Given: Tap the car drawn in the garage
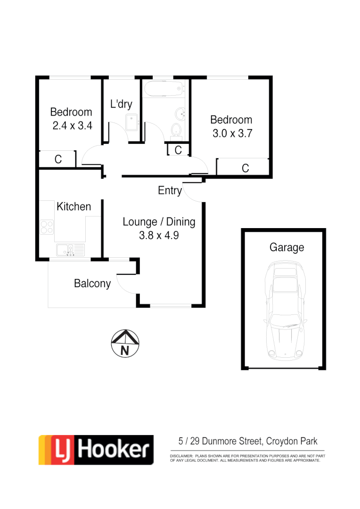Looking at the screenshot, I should point(283,312).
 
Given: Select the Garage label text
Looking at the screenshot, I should point(286,247).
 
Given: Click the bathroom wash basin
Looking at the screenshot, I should point(181,113).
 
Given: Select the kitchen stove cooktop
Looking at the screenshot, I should point(47,227).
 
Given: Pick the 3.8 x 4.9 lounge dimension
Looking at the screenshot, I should point(159,235).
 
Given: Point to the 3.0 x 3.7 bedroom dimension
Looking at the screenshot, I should point(232,133).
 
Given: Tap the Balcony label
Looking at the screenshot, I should point(92,283).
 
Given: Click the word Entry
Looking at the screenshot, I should point(170,190).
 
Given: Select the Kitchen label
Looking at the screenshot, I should point(74,206).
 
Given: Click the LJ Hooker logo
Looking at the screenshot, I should point(96,450).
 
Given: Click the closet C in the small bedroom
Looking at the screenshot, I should point(58,160).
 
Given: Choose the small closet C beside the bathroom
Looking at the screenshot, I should point(178,150).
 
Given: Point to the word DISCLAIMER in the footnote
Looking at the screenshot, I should point(181,457).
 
